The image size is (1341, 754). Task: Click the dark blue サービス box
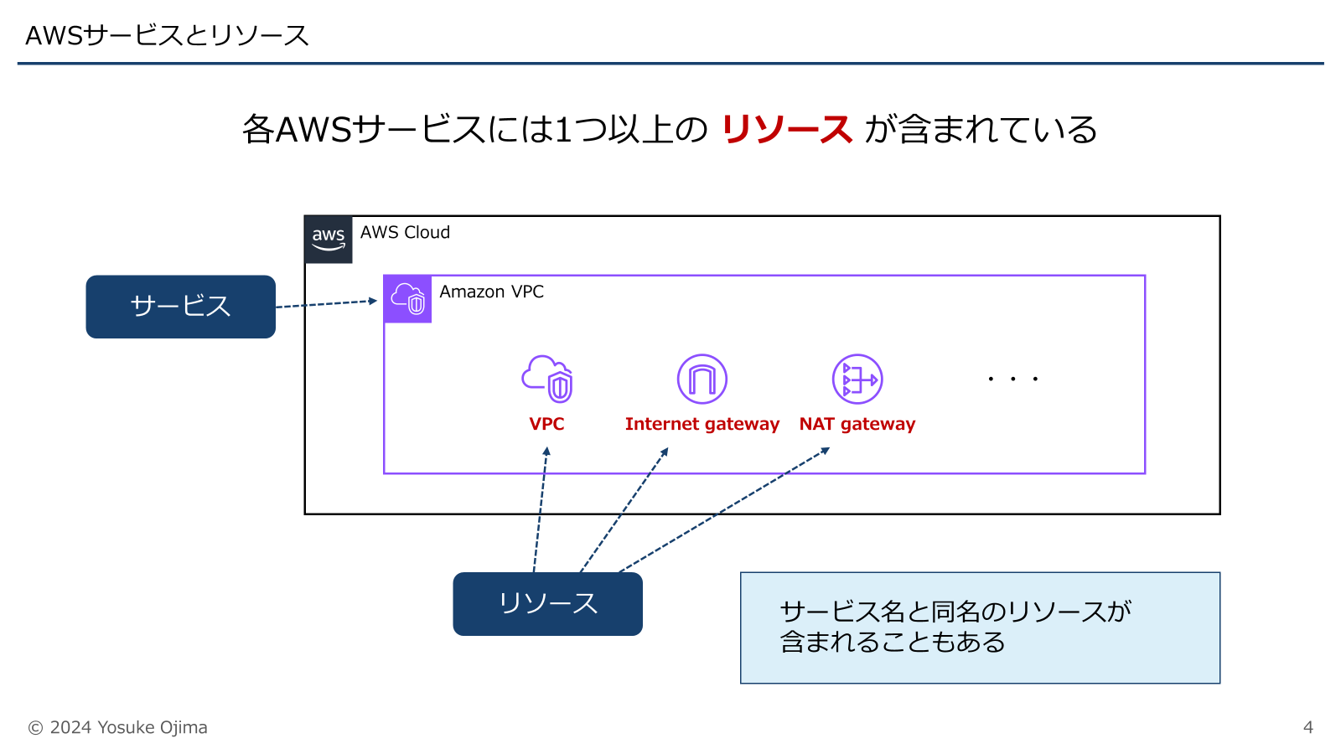(180, 307)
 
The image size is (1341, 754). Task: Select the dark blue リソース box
(547, 603)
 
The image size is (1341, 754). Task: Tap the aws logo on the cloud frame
(329, 240)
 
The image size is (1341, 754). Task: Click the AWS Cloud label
(405, 233)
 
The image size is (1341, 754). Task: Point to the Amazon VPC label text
(491, 292)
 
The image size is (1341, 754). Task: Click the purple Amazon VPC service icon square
(408, 299)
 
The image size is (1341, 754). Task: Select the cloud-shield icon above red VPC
(547, 379)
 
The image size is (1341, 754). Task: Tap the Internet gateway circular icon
(702, 379)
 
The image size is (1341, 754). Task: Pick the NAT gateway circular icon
(857, 379)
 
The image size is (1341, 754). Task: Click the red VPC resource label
(546, 424)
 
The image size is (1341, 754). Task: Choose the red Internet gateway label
(702, 424)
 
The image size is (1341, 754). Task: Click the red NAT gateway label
(857, 424)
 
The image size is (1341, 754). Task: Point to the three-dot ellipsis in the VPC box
(1012, 380)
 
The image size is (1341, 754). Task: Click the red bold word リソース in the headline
(786, 130)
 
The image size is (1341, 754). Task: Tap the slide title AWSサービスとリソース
(168, 35)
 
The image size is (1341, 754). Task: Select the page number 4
(1307, 727)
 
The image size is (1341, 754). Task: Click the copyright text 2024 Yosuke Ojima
(118, 727)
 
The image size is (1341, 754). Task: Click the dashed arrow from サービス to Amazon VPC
(327, 303)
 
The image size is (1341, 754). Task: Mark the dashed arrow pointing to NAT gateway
(725, 510)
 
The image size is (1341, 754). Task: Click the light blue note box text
(955, 627)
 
